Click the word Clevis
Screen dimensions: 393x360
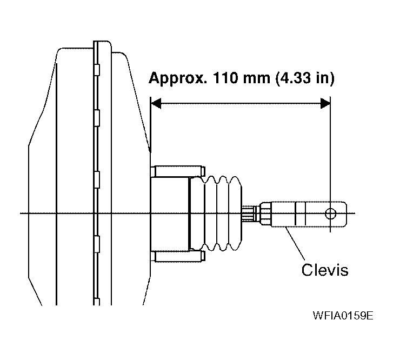click(325, 270)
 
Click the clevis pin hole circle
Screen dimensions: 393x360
click(330, 214)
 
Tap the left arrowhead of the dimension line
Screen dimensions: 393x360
click(156, 103)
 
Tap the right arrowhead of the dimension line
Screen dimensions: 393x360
click(325, 103)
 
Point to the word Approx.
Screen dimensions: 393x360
click(178, 79)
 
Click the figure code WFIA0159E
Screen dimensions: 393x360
click(343, 315)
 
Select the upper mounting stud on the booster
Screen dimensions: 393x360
click(178, 171)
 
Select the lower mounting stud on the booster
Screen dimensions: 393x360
click(178, 256)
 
